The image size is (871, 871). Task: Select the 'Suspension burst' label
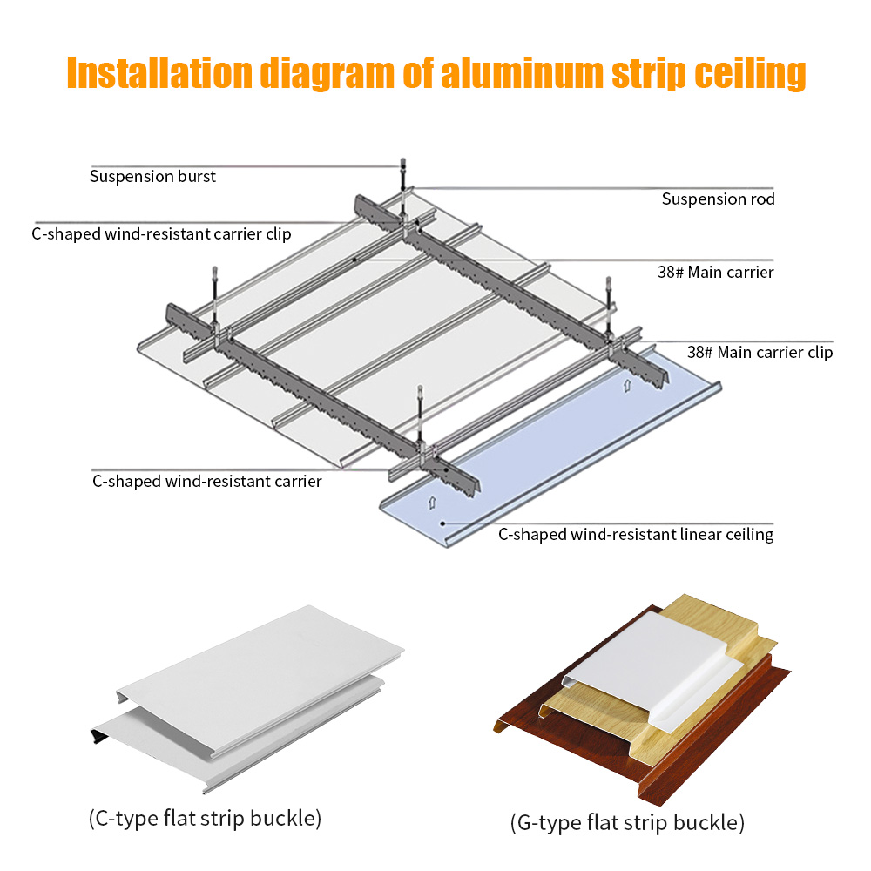(152, 177)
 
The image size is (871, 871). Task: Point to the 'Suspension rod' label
(718, 199)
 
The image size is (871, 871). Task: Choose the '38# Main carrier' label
(715, 273)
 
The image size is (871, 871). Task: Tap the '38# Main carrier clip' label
(760, 353)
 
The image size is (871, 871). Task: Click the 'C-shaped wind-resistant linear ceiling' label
(636, 535)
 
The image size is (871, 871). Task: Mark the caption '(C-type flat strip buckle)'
(205, 818)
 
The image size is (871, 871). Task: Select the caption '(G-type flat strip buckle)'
(627, 822)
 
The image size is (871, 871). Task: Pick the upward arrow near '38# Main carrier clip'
(626, 383)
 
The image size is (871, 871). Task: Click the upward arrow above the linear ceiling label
(430, 503)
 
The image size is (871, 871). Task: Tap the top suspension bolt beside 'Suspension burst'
(402, 171)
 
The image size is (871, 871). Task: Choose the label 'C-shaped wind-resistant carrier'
(207, 481)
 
